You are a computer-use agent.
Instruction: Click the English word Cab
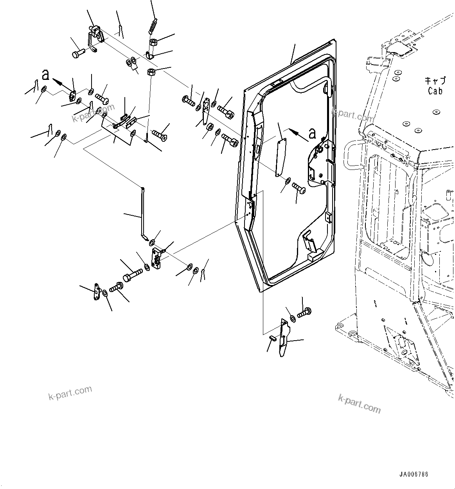coord(435,91)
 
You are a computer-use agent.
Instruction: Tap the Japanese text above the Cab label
coord(435,81)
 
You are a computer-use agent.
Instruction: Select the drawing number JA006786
coord(414,474)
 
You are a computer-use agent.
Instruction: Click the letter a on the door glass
coord(312,134)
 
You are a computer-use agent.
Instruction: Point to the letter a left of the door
coord(46,74)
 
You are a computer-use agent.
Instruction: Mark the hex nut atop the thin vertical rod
coord(151,72)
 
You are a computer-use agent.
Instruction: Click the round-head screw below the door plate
coord(300,188)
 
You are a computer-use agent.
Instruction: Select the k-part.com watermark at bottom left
coord(70,392)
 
